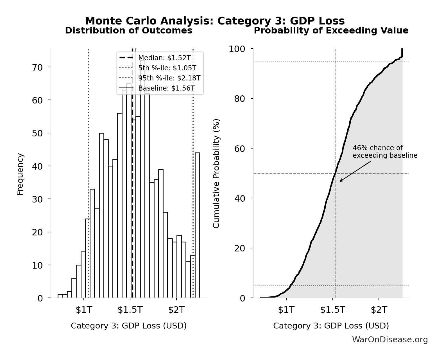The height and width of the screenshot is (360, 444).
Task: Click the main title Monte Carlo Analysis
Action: tap(215, 21)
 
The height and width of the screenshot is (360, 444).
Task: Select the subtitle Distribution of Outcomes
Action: tap(128, 31)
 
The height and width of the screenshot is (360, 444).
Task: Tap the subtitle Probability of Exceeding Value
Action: tap(331, 31)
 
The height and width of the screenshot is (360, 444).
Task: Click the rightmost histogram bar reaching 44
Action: tap(197, 225)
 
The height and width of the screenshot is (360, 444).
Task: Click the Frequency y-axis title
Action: tap(20, 174)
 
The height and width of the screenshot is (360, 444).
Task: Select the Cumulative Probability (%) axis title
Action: tap(216, 174)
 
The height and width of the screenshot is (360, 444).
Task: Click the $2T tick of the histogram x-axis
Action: tap(176, 310)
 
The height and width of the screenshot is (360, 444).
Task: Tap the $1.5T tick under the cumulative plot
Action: tap(332, 310)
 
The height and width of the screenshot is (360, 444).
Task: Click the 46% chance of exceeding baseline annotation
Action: tap(384, 152)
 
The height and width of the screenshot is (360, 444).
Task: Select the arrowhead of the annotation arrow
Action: tap(340, 181)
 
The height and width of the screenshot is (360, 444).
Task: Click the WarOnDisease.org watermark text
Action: tap(390, 340)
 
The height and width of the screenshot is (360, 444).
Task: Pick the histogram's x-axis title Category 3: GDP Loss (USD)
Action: tap(128, 326)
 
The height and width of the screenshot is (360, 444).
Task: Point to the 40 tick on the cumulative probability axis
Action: tap(239, 199)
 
